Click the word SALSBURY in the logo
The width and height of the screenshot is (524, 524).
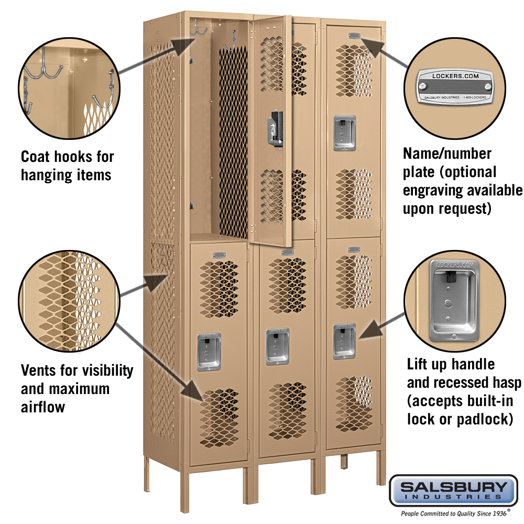coord(454,487)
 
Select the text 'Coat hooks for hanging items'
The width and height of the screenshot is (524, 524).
coord(67,165)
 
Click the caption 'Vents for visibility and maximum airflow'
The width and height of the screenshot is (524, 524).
coord(77,388)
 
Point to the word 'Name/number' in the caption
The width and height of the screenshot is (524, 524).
coord(447,154)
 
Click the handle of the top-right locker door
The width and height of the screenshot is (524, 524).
coord(344,133)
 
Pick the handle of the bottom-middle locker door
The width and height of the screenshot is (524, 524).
coord(277,346)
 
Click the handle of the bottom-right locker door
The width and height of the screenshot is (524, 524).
coord(344,341)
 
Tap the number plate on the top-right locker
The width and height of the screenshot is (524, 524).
coord(354,36)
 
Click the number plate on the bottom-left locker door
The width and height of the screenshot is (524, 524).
coord(219,256)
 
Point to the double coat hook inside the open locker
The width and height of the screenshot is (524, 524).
coord(199,29)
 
